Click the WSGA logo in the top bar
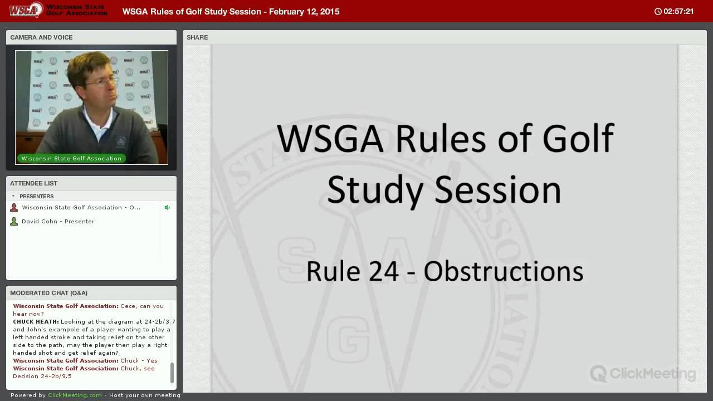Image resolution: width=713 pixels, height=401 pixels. click(26, 10)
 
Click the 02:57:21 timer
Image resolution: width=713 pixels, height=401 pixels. click(678, 12)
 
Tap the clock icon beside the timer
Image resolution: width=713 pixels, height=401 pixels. click(658, 12)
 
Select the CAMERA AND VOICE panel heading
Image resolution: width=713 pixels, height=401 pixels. click(41, 37)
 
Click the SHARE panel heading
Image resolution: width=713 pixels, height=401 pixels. click(197, 37)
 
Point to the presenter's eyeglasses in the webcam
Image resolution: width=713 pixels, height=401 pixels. click(102, 81)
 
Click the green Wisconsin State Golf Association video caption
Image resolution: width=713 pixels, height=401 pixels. click(71, 158)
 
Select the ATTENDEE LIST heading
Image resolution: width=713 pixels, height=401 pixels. click(34, 183)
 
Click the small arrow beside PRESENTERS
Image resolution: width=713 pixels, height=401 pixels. click(13, 196)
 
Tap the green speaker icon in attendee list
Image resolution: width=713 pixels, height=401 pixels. click(167, 208)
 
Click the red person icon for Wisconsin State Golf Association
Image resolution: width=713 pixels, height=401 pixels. click(14, 208)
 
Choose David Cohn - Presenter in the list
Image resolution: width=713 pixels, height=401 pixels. click(58, 221)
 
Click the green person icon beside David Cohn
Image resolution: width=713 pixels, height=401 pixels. click(14, 221)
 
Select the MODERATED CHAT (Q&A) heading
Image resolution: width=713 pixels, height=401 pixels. click(48, 293)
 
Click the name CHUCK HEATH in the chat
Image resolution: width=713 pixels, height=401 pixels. click(36, 321)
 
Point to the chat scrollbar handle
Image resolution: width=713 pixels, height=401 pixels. click(172, 373)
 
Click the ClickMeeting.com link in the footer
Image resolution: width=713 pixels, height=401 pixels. click(75, 395)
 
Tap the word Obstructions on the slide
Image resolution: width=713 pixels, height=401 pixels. click(503, 271)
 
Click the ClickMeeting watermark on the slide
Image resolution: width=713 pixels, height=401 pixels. click(643, 373)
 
